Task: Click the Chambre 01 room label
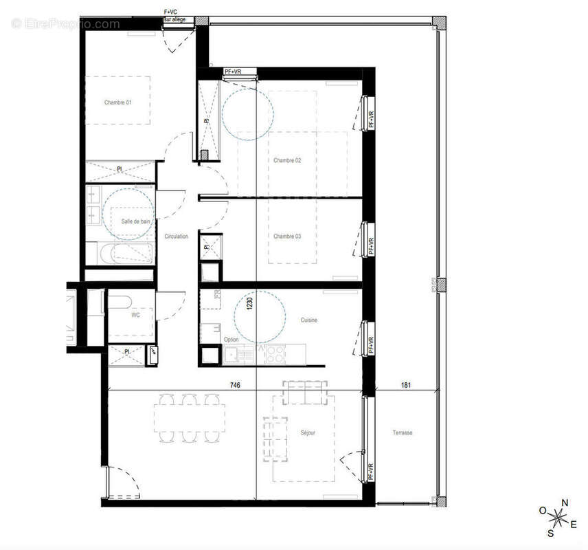pos(117,102)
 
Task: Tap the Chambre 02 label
pos(287,160)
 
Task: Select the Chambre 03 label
pos(287,236)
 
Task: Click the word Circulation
pos(177,236)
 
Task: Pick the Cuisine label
pos(308,320)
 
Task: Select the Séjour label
pos(308,432)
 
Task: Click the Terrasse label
pos(403,432)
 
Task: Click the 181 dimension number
pos(405,386)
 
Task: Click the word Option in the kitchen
pos(231,340)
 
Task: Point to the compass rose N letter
pos(565,503)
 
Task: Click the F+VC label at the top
pos(170,12)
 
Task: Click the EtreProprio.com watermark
pos(66,24)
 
